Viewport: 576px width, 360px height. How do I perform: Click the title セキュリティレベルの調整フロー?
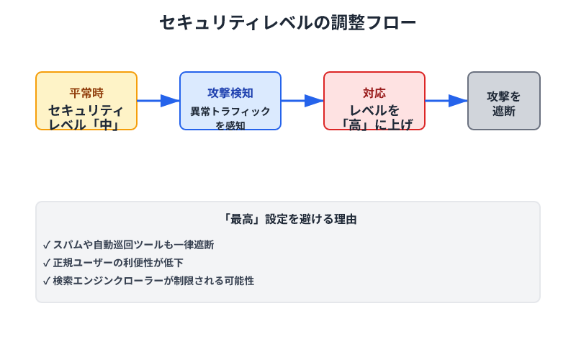[x=288, y=23]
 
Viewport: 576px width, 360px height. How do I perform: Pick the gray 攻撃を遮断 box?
[x=504, y=101]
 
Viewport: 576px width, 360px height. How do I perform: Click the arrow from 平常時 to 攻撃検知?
[x=158, y=101]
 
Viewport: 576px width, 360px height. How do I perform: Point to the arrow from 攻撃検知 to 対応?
[x=302, y=101]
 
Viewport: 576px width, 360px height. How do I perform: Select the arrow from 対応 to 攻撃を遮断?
[x=446, y=101]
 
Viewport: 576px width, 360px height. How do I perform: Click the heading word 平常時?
[x=86, y=93]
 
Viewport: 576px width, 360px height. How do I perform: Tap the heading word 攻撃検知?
[x=230, y=93]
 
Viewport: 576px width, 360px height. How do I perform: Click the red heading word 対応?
[x=374, y=93]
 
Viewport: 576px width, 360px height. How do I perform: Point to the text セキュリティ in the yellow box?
[x=86, y=110]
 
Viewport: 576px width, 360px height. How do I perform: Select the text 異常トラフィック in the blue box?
[x=230, y=112]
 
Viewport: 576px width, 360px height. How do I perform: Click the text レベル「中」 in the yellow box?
[x=86, y=125]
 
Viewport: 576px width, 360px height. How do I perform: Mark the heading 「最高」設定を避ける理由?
[x=288, y=219]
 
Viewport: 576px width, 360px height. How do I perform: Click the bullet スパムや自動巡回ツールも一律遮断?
[x=133, y=245]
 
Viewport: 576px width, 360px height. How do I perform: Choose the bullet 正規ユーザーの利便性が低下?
[x=118, y=263]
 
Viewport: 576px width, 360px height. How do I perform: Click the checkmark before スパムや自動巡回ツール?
[x=47, y=245]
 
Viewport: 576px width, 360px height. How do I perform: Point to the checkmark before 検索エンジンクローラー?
[x=47, y=281]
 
